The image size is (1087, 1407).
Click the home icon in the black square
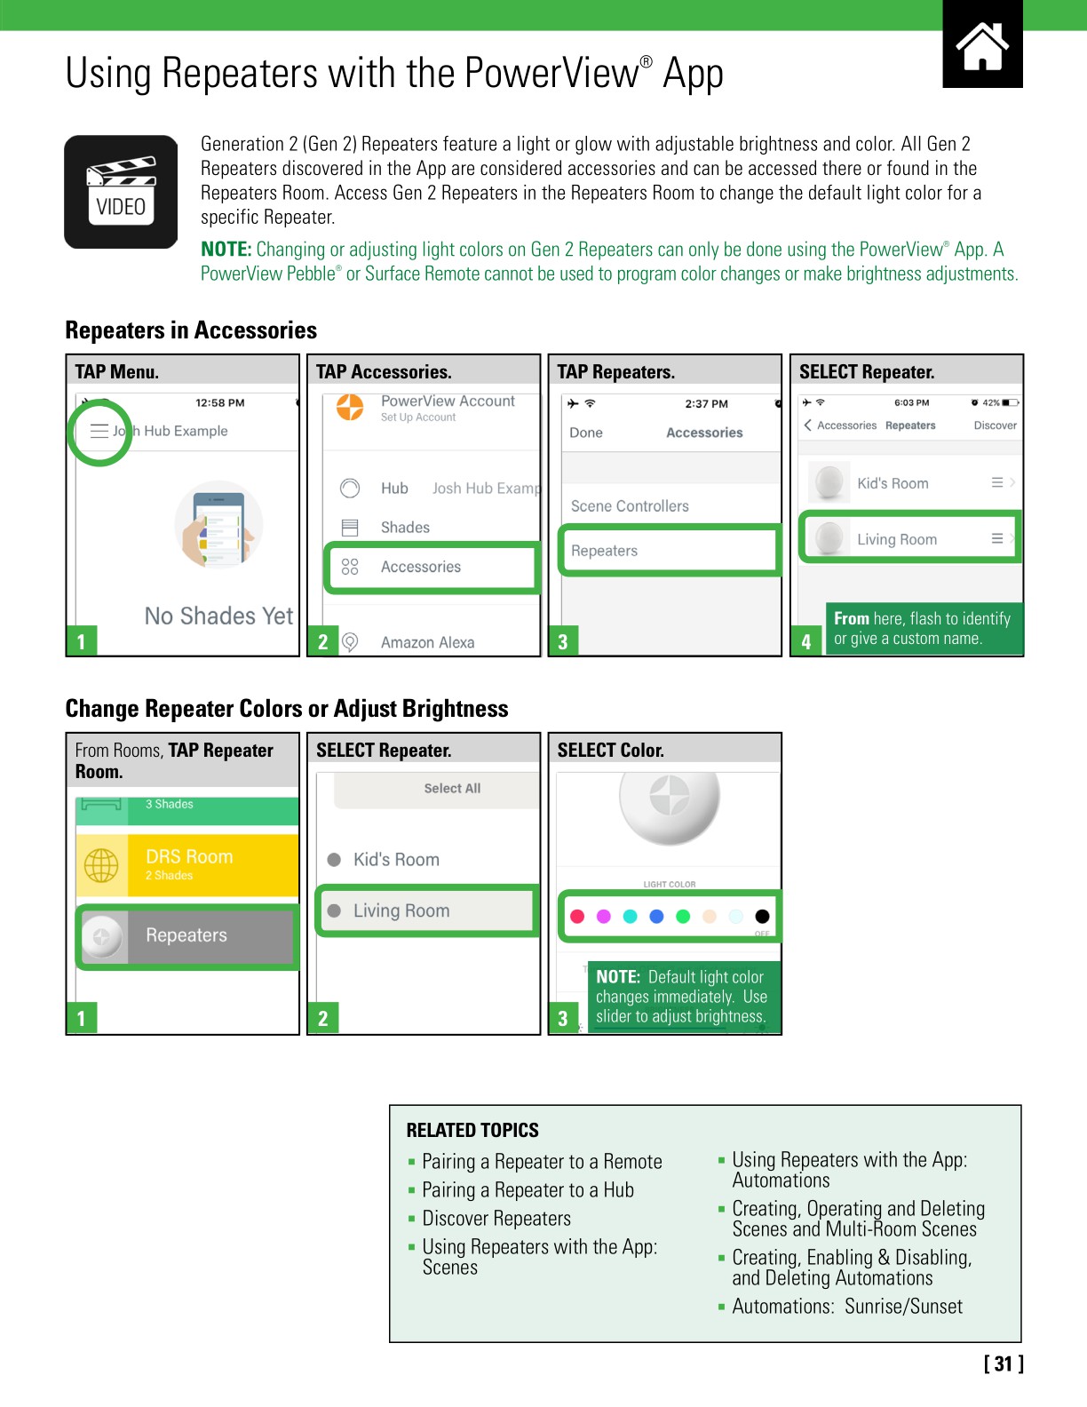pos(982,45)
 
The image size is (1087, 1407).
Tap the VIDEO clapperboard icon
pos(121,192)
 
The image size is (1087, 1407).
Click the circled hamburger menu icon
pos(99,431)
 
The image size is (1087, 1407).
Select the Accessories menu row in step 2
pos(432,567)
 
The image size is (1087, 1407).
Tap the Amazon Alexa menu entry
pos(427,642)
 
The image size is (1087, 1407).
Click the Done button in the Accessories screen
pos(586,433)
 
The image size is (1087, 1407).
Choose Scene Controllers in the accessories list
pos(630,506)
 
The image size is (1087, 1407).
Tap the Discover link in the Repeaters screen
pos(995,425)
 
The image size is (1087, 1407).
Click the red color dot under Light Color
pos(577,916)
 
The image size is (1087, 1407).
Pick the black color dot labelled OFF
pos(762,916)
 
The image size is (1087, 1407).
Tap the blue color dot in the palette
pos(656,916)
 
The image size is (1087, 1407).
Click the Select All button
pos(452,788)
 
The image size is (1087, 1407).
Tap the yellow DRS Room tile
pos(187,864)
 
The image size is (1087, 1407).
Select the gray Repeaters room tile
pos(187,935)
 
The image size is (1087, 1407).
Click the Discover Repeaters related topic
pos(496,1219)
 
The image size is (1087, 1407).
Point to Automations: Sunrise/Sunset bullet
pos(846,1307)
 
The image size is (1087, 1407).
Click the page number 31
pos(1004,1363)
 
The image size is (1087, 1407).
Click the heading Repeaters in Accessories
pos(191,330)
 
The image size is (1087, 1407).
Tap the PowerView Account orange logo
pos(350,408)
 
